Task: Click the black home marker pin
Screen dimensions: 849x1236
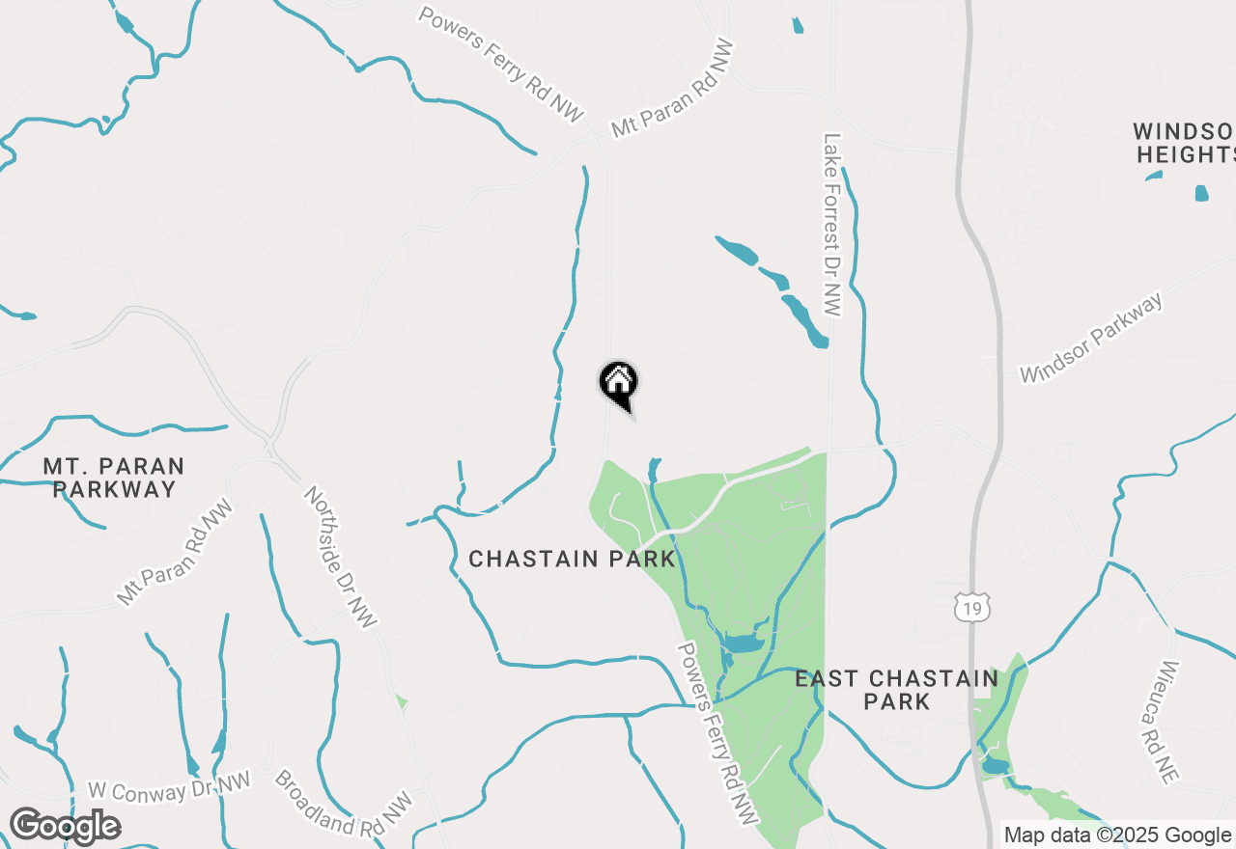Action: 619,382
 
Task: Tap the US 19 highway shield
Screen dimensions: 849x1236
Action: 971,607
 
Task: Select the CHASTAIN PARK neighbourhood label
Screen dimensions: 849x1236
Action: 572,560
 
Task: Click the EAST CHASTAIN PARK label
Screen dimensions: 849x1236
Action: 896,690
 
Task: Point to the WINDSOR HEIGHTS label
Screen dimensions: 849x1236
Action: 1185,143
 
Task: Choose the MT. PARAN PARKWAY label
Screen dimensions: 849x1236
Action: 114,478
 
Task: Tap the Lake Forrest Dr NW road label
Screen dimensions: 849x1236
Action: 833,224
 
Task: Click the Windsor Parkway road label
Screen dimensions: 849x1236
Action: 1092,339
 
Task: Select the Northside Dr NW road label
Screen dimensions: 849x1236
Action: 341,556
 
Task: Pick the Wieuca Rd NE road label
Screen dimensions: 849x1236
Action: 1171,721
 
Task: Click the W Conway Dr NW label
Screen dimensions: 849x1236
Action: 168,788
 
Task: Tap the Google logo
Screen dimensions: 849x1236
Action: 65,827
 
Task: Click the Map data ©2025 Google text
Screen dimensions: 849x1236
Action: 1117,835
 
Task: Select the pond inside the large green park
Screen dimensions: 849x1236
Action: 742,644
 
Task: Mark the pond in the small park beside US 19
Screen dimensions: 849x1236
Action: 995,767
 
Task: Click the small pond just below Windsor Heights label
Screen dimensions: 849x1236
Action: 1201,193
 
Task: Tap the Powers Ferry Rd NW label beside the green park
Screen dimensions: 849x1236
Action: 715,734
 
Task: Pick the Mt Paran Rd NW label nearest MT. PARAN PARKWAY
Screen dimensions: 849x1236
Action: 175,552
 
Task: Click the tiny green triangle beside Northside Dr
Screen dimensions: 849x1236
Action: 401,701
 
